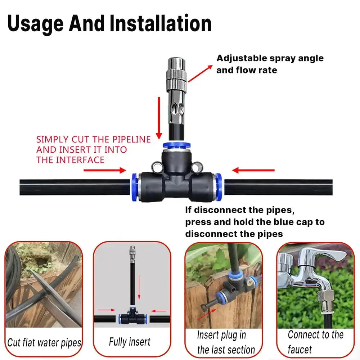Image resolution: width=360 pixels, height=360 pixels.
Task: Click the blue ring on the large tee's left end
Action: coord(135,186)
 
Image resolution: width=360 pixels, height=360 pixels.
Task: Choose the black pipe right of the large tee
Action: coord(277,187)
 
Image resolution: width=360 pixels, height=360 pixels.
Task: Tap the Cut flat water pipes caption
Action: coord(44,342)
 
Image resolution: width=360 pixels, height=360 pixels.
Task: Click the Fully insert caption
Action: coord(130,341)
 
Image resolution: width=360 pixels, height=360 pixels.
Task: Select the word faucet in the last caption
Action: coord(300,349)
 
